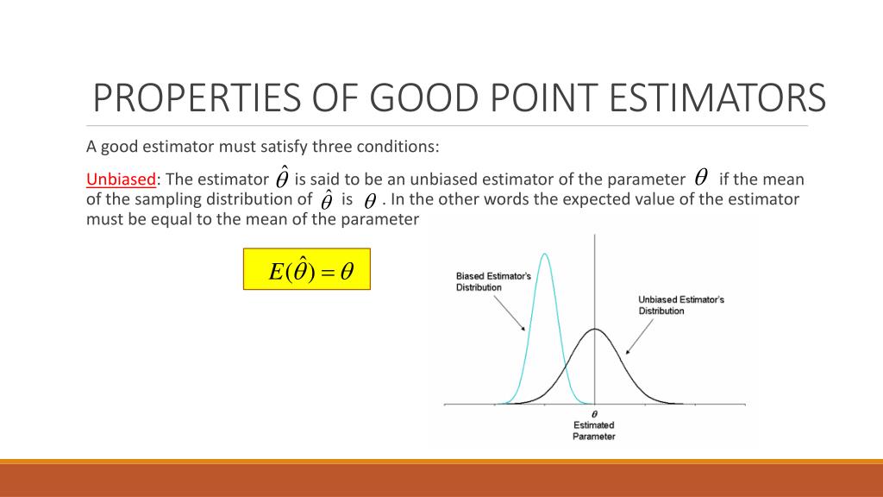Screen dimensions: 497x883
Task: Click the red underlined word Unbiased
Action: (x=121, y=179)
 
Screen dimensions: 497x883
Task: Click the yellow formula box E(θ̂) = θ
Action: (x=306, y=270)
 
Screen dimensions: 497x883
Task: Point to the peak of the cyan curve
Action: (x=545, y=254)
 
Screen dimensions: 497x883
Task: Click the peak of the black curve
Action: (x=595, y=329)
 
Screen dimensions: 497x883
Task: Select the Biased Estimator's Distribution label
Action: (x=493, y=282)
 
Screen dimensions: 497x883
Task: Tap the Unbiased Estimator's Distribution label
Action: (x=680, y=305)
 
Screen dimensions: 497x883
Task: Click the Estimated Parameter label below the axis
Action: (x=594, y=431)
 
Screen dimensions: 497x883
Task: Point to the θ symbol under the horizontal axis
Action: (x=594, y=415)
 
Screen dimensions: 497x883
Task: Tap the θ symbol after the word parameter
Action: (x=701, y=178)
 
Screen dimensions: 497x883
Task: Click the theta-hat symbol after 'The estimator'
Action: (x=282, y=179)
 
